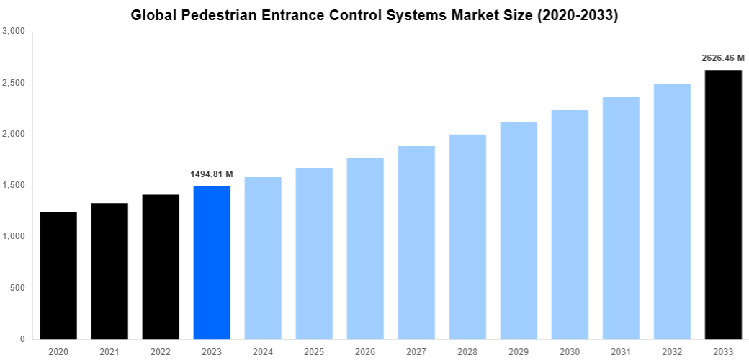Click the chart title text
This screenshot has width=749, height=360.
(x=374, y=14)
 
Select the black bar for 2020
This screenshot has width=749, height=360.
(x=58, y=275)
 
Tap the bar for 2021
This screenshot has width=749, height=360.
(x=109, y=271)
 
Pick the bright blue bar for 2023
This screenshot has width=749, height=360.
(x=212, y=262)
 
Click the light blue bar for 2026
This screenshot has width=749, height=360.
(x=365, y=248)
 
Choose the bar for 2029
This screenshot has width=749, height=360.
(x=519, y=230)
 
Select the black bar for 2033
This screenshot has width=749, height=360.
(x=723, y=204)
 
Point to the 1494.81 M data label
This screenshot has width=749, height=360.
(x=212, y=174)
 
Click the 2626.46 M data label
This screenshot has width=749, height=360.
(x=723, y=58)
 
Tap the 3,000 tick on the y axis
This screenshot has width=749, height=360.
(x=14, y=32)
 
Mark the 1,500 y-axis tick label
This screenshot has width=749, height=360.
(x=14, y=186)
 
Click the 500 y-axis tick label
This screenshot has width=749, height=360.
(x=17, y=288)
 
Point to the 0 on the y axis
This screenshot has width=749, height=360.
(x=22, y=339)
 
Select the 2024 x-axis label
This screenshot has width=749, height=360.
(x=263, y=351)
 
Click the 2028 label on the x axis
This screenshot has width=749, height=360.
(x=467, y=351)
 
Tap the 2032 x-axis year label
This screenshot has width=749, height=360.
(x=672, y=351)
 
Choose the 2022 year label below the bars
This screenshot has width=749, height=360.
(x=161, y=351)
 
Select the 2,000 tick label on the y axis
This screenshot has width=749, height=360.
(x=14, y=135)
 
